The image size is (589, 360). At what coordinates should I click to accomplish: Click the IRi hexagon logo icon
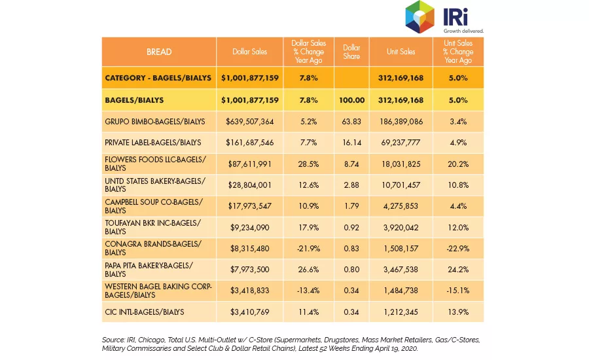[419, 17]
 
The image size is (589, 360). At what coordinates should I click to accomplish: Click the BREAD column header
[159, 52]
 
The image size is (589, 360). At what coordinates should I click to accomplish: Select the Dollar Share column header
[351, 52]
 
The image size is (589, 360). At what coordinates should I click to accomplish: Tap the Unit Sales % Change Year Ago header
[458, 52]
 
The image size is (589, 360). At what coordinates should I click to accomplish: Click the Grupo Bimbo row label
[154, 122]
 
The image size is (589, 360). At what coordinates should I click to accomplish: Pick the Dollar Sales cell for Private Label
[249, 143]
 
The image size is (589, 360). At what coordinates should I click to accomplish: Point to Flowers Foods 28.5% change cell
[308, 164]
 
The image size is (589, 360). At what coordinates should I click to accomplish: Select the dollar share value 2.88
[351, 185]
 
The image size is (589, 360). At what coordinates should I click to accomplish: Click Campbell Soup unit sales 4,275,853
[401, 206]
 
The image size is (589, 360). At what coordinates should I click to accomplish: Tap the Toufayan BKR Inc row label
[153, 227]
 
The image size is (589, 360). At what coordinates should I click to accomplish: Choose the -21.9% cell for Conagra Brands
[308, 249]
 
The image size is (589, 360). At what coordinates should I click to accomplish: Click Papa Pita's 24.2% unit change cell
[458, 270]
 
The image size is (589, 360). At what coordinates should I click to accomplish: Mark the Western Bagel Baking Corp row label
[158, 291]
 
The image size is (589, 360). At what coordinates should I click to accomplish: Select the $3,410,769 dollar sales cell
[249, 312]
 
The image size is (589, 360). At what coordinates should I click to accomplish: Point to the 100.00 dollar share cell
[351, 100]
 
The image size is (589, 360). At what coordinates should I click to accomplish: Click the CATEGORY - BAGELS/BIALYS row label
[158, 78]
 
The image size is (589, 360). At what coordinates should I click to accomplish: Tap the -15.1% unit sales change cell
[458, 291]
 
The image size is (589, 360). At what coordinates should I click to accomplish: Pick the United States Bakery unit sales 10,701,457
[401, 185]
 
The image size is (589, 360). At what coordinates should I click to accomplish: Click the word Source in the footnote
[113, 340]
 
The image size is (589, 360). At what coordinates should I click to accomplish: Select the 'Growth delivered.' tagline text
[463, 31]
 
